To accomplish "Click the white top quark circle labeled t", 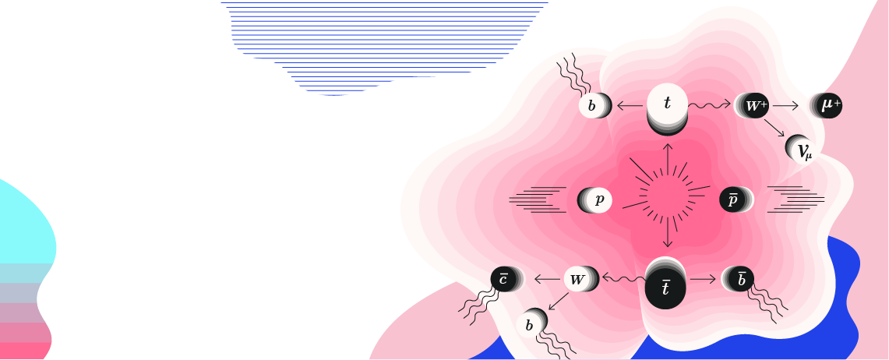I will coord(667,104).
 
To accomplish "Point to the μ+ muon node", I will coord(828,105).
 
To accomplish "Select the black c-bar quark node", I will coord(504,278).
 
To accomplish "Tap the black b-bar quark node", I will coord(740,279).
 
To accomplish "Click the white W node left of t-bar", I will coord(578,278).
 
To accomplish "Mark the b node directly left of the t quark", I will coord(592,106).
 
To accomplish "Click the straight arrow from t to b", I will coord(630,105).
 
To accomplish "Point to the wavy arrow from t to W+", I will coord(709,104).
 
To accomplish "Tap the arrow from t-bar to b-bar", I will coord(702,278).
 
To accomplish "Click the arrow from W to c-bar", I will coord(545,278).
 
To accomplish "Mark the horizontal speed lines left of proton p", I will coord(538,199).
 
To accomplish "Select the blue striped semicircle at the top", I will coord(385,39).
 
